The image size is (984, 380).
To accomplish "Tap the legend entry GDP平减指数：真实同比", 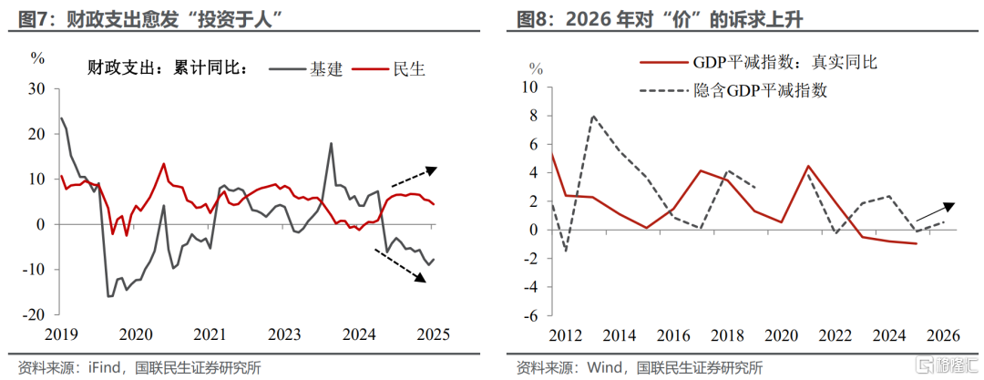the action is (757, 62).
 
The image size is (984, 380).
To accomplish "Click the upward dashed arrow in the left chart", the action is (414, 177).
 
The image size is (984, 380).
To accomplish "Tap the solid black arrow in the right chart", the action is (935, 212).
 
